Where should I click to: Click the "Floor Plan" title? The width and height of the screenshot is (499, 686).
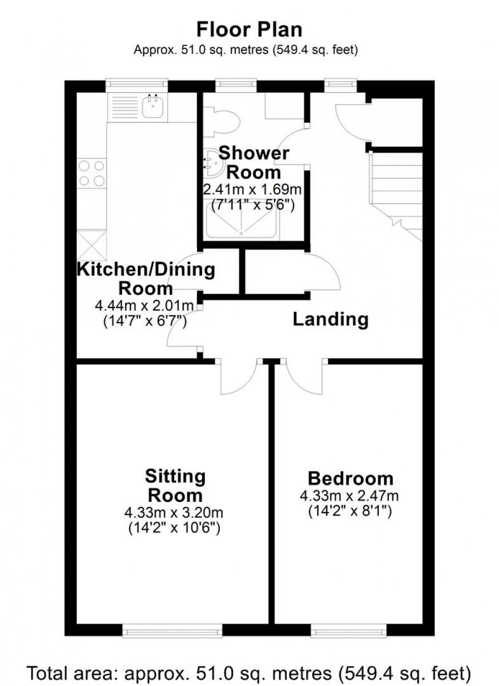(249, 30)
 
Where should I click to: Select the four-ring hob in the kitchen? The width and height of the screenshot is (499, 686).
(92, 173)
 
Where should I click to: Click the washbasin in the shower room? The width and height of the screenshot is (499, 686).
(213, 162)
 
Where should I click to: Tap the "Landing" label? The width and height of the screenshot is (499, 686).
(330, 320)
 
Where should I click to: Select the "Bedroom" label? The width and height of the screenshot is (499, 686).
(350, 478)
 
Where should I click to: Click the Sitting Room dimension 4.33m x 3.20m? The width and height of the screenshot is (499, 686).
(174, 512)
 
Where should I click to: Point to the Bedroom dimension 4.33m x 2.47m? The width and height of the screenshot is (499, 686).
(349, 495)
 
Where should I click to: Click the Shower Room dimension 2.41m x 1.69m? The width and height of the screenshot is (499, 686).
(252, 190)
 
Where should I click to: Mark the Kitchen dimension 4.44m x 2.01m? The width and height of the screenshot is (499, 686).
(145, 306)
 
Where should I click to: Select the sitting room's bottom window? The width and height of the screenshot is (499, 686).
(172, 631)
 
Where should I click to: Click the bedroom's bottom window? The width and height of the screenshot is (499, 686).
(349, 631)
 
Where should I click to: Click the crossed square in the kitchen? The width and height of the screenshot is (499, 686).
(92, 245)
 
